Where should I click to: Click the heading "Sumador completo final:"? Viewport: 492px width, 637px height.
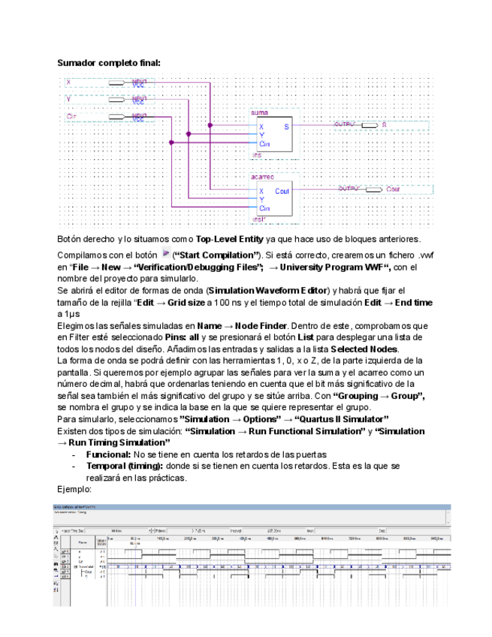[x=109, y=63]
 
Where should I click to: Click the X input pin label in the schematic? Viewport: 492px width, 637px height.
[x=68, y=81]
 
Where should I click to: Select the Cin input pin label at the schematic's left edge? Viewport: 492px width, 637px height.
[x=71, y=116]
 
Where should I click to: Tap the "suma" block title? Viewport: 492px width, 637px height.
[x=258, y=111]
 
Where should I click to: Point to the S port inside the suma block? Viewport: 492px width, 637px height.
[x=285, y=127]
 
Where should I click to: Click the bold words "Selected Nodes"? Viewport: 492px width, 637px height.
[x=364, y=349]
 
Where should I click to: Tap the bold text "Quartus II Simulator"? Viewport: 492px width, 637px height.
[x=341, y=418]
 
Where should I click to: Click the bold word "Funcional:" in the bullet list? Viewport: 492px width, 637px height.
[x=108, y=454]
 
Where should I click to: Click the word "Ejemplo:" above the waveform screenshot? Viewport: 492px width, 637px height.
[x=75, y=490]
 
